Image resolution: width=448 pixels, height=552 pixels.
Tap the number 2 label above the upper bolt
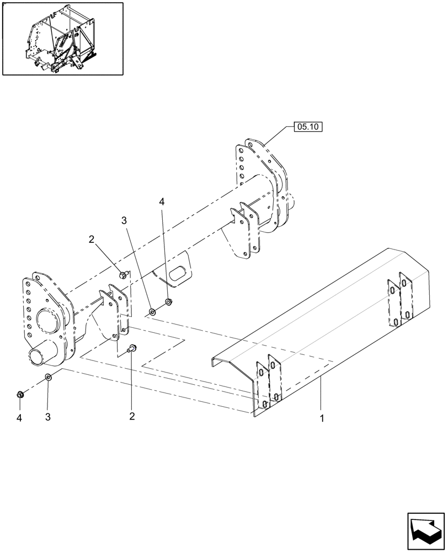tap(92, 239)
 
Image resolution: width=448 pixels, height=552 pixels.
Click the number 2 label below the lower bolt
tap(131, 416)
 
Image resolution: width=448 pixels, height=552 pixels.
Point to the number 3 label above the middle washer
tap(124, 220)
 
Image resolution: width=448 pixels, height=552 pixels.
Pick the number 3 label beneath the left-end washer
tap(48, 417)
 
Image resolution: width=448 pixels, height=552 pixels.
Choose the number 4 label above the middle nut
tap(162, 203)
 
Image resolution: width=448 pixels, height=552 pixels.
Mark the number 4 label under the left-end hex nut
tap(19, 418)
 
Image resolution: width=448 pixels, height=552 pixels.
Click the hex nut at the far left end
tap(19, 394)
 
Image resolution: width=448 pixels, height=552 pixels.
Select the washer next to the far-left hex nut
tap(48, 377)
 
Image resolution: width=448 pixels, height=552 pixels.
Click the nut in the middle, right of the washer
tap(168, 302)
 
